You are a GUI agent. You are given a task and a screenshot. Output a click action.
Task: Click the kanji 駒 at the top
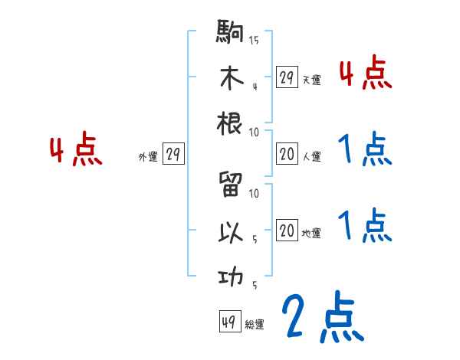(x=231, y=34)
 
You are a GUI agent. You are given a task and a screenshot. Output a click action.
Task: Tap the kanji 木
(x=231, y=79)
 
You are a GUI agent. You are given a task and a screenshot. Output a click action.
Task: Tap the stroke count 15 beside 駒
(x=254, y=40)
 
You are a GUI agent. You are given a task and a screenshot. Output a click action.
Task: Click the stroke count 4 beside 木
(x=255, y=85)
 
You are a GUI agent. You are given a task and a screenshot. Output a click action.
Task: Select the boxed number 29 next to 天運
(x=287, y=77)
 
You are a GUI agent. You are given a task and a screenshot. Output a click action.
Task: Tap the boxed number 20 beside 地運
(x=287, y=231)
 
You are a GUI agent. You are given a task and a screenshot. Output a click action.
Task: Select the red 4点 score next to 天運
(x=365, y=74)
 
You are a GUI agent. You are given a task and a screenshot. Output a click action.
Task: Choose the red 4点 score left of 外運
(x=76, y=151)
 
